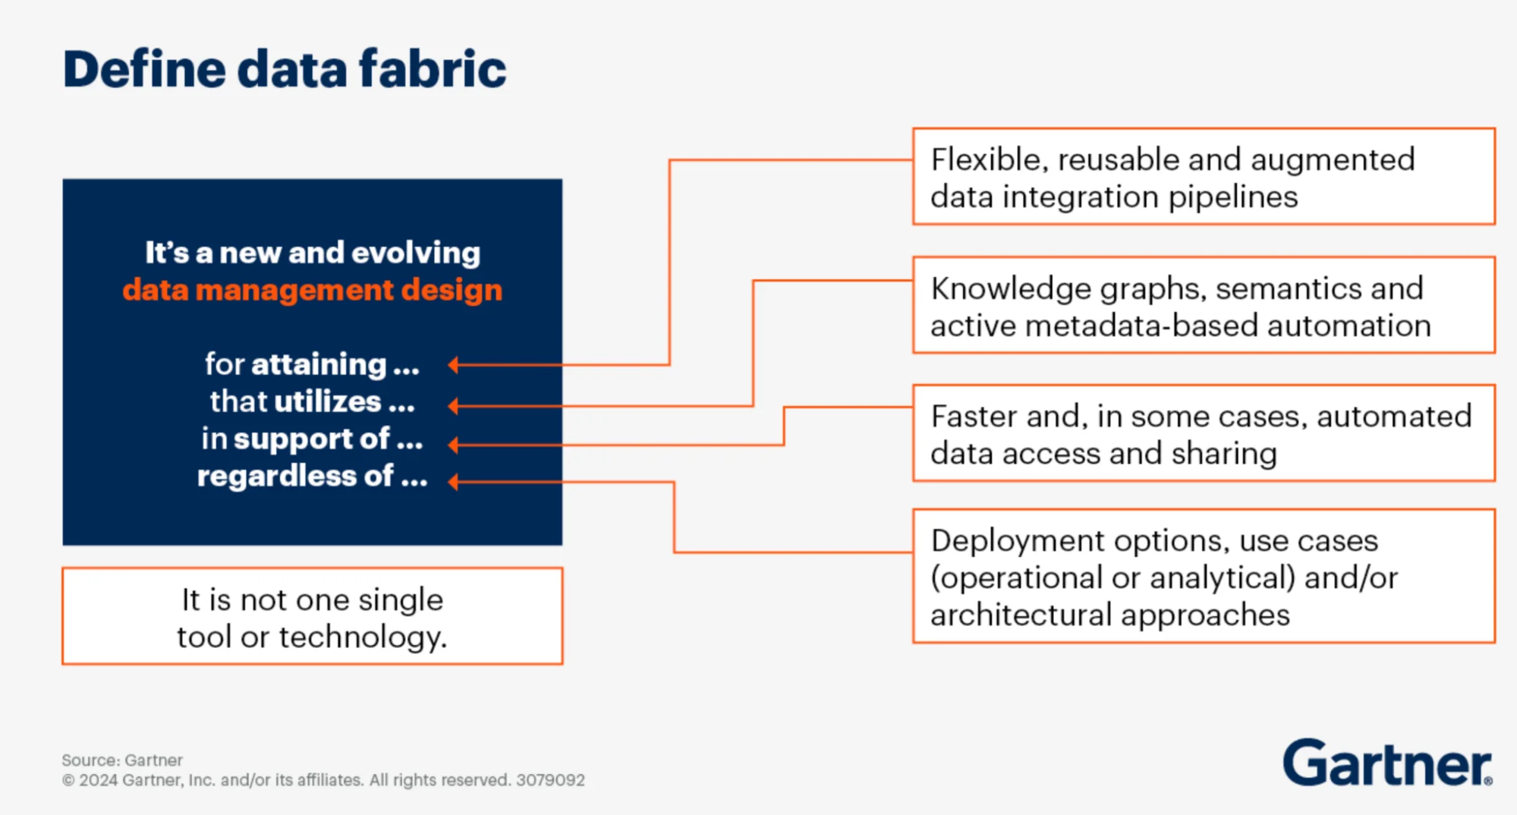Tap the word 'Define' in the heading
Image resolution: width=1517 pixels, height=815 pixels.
(x=144, y=69)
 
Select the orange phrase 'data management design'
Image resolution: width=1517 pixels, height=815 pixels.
(x=312, y=290)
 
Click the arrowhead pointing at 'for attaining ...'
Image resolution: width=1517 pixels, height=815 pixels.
(x=454, y=365)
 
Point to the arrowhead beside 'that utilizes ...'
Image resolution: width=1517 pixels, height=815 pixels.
(x=454, y=406)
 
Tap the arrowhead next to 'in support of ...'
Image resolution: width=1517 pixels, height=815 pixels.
(x=454, y=445)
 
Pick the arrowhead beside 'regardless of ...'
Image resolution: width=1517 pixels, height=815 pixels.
(x=454, y=482)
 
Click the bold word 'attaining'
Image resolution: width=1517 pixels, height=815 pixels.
(x=319, y=365)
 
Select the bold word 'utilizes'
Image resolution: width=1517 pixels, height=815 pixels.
(x=327, y=401)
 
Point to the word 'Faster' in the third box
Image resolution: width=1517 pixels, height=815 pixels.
(x=968, y=417)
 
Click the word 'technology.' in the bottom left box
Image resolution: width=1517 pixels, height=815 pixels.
(x=363, y=637)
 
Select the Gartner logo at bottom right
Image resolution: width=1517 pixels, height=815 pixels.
(x=1386, y=763)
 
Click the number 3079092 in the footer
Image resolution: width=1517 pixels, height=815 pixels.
(x=550, y=780)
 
